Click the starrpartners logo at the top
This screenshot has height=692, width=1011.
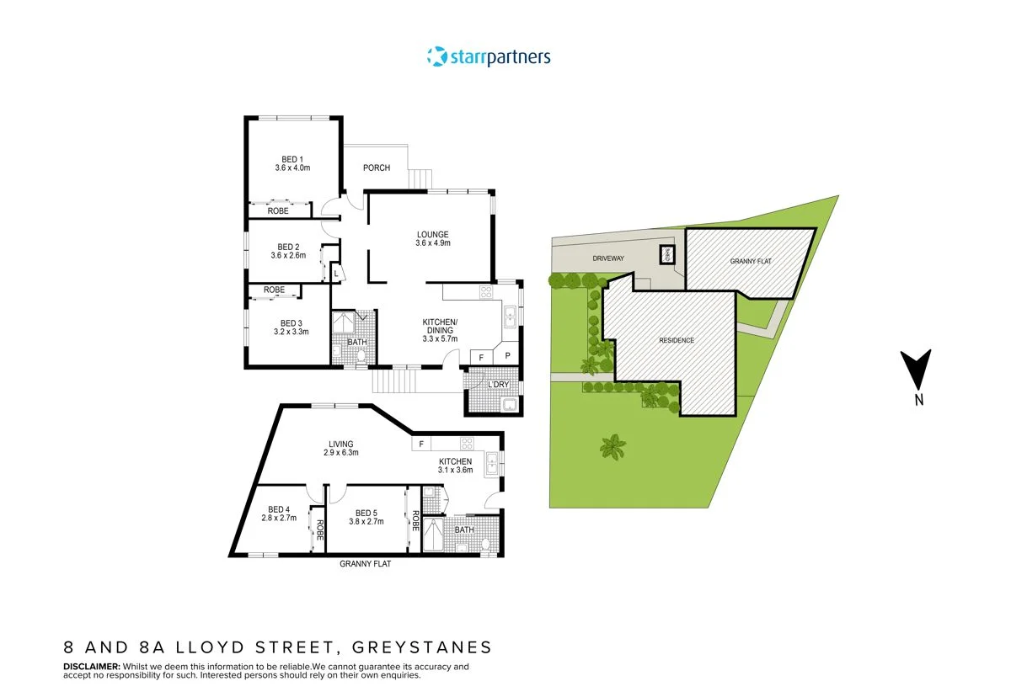489,57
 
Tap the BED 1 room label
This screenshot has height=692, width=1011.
292,163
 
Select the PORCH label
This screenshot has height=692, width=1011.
377,168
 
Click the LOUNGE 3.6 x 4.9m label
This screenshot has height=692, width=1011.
433,238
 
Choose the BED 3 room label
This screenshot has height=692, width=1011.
292,327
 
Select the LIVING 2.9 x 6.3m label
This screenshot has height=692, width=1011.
341,448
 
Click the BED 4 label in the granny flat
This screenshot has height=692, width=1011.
279,514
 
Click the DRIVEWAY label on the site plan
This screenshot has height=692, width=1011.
607,258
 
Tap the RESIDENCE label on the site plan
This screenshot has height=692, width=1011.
677,340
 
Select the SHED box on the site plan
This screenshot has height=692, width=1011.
666,254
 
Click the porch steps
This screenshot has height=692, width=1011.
420,178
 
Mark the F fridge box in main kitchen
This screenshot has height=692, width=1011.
480,357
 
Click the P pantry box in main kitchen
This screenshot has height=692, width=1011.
507,356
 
